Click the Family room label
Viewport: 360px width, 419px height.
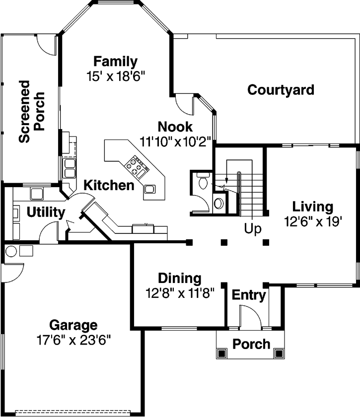(x=115, y=62)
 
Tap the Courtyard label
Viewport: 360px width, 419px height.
(x=281, y=90)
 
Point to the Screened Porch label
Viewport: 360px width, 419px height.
(x=32, y=112)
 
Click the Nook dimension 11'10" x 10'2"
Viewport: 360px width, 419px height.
(x=175, y=141)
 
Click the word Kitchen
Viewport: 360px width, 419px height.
(x=108, y=186)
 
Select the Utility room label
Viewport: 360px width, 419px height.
(x=45, y=213)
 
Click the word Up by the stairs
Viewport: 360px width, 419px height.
(x=253, y=229)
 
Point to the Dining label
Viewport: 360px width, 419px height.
(x=179, y=279)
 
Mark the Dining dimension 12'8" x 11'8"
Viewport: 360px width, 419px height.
(x=179, y=293)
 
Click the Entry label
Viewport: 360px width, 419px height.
(x=249, y=295)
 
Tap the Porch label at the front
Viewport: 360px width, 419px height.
(x=251, y=344)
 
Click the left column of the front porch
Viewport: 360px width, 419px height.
(x=221, y=353)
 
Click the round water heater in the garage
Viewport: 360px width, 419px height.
(x=11, y=251)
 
